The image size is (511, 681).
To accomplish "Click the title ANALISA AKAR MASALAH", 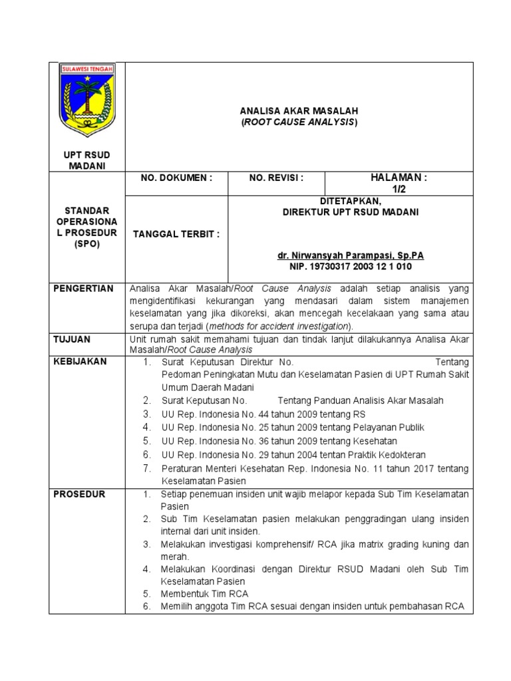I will click(299, 110).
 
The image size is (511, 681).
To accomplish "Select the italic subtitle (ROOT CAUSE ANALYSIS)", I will click(299, 122).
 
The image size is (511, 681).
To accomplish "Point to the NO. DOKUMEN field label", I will click(176, 178).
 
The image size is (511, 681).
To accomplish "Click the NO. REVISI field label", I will click(276, 178).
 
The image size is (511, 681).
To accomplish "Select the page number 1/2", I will click(399, 190).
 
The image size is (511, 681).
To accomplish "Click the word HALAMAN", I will click(398, 178).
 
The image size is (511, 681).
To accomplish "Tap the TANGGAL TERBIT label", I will click(176, 234).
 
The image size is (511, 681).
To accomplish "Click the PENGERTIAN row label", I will click(83, 289).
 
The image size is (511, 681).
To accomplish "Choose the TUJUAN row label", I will click(72, 339).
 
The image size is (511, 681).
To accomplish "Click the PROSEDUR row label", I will click(78, 494).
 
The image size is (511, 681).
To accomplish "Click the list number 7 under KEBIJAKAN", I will click(147, 468).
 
